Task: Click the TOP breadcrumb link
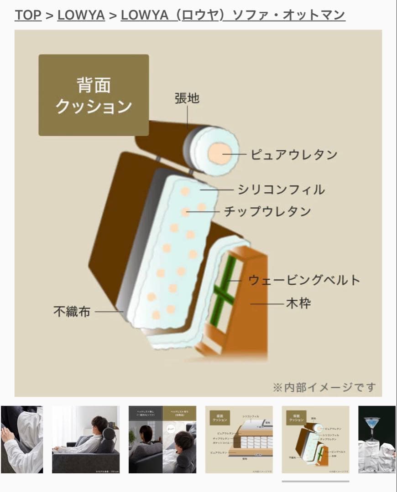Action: (28, 15)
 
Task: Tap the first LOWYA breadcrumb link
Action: (81, 15)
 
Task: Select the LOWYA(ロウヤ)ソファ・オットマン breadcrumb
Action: (233, 15)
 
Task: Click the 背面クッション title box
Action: (94, 95)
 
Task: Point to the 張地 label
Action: (187, 98)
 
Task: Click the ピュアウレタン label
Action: (294, 154)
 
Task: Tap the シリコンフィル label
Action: (281, 189)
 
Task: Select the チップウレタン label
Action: (267, 211)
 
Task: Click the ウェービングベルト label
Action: (304, 280)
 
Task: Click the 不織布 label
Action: (72, 312)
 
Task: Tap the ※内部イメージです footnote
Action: (324, 387)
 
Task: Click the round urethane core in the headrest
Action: (220, 153)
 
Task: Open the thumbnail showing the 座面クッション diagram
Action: (239, 440)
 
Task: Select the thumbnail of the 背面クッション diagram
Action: (316, 440)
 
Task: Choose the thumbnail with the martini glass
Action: (377, 440)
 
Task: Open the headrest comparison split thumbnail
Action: (162, 440)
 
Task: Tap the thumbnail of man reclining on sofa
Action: (86, 440)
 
